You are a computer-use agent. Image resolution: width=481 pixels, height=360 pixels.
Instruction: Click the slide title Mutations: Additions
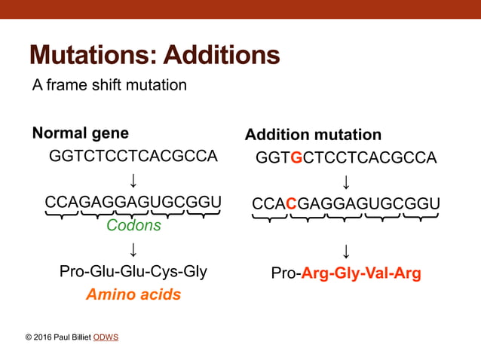154,55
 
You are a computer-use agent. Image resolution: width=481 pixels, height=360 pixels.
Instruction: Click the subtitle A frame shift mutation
109,85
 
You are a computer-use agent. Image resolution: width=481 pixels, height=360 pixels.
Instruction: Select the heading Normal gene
80,133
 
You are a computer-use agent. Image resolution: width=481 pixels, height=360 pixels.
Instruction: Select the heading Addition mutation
313,135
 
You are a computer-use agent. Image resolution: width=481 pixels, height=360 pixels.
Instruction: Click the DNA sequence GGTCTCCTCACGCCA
133,156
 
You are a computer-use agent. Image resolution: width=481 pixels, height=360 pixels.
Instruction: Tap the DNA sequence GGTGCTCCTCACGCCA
346,157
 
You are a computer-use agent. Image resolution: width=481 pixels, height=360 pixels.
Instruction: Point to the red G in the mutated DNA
296,157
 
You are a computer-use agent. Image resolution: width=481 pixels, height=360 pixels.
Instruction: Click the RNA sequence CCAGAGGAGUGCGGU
133,203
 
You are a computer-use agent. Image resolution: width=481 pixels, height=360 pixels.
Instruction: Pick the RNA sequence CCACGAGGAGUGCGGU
346,204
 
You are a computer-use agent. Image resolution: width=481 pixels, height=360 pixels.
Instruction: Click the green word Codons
133,225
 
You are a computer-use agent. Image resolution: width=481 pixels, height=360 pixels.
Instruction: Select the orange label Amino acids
133,294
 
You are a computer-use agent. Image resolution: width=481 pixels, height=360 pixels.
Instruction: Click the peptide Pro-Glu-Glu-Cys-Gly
133,271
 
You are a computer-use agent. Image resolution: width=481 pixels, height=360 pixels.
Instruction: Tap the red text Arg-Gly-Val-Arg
361,273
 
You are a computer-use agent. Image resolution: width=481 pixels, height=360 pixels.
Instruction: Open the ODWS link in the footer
106,337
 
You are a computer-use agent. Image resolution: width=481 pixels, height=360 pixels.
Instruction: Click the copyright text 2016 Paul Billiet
58,337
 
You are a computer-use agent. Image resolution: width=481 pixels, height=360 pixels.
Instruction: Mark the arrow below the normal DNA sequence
133,180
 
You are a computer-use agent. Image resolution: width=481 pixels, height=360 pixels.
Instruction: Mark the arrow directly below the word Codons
133,249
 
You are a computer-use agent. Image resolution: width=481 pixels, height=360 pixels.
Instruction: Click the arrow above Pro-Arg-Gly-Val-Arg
346,250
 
